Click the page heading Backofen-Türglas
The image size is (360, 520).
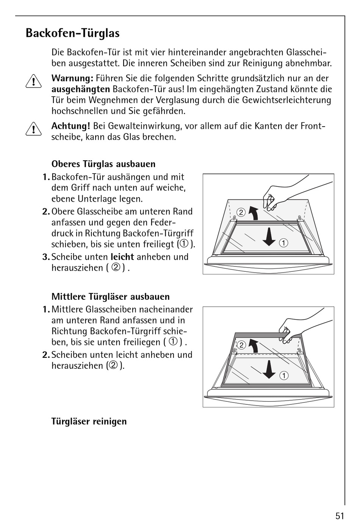[x=72, y=33]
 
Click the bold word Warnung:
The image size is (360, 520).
[x=72, y=78]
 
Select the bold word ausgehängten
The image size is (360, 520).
[x=81, y=89]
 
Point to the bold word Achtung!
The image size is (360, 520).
[x=71, y=126]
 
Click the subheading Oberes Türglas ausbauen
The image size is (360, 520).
[x=103, y=164]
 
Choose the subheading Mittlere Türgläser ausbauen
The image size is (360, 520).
[x=110, y=297]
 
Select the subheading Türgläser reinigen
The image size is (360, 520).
[x=89, y=421]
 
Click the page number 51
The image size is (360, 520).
[x=340, y=515]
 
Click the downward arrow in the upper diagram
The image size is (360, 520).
[x=269, y=237]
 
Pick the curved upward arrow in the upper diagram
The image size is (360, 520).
[x=253, y=213]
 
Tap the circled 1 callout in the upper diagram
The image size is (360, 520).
[x=283, y=243]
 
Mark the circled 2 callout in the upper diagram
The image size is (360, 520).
[x=241, y=212]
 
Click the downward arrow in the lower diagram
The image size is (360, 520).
[x=269, y=369]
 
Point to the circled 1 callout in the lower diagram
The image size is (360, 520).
[x=283, y=376]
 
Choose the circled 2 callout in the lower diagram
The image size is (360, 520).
[x=241, y=345]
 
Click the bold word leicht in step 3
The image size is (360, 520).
[x=122, y=257]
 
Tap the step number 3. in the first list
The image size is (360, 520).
[x=46, y=257]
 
